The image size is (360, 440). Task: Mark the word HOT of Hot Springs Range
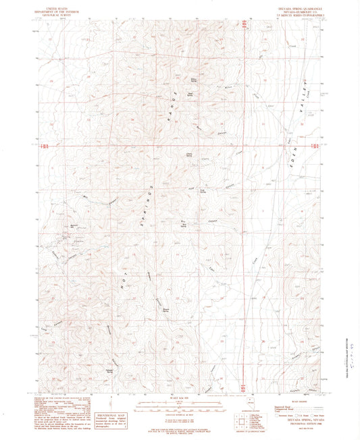coord(123,273)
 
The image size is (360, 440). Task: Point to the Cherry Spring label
coord(190,155)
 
